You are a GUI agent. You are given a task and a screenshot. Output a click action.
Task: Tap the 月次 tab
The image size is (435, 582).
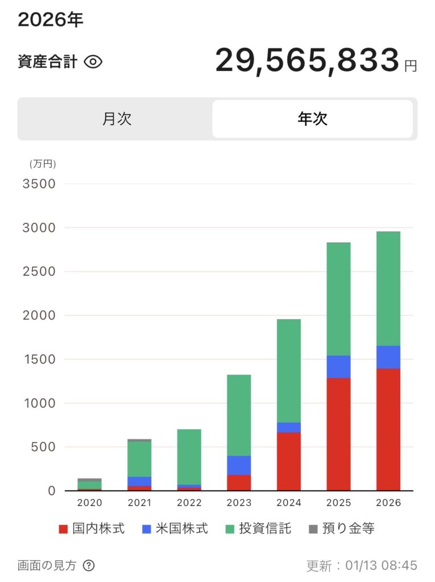(x=117, y=119)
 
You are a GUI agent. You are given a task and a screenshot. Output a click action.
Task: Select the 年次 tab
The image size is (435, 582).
(x=312, y=119)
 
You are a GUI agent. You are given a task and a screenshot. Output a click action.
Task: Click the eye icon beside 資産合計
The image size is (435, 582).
(x=93, y=62)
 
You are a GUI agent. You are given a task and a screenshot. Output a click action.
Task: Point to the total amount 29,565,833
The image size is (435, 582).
(x=306, y=60)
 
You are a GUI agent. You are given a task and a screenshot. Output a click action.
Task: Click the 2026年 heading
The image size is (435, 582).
(x=51, y=20)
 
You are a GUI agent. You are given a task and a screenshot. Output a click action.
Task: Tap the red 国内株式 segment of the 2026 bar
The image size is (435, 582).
(x=388, y=429)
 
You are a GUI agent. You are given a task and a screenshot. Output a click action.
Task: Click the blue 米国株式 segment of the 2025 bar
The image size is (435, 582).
(x=338, y=367)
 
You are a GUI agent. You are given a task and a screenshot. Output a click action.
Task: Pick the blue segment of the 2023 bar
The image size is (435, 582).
(x=239, y=465)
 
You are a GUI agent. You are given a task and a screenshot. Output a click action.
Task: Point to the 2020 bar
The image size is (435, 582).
(x=90, y=484)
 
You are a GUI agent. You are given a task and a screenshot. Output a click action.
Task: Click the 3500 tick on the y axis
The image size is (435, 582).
(x=39, y=184)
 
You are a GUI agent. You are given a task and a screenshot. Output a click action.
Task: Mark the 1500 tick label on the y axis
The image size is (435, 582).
(x=39, y=359)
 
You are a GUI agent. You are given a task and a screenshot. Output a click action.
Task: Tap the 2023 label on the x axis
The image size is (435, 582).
(x=239, y=503)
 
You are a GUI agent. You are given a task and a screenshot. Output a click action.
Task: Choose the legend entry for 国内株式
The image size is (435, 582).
(x=92, y=529)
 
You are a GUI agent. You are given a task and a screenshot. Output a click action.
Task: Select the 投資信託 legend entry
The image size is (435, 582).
(x=258, y=529)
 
